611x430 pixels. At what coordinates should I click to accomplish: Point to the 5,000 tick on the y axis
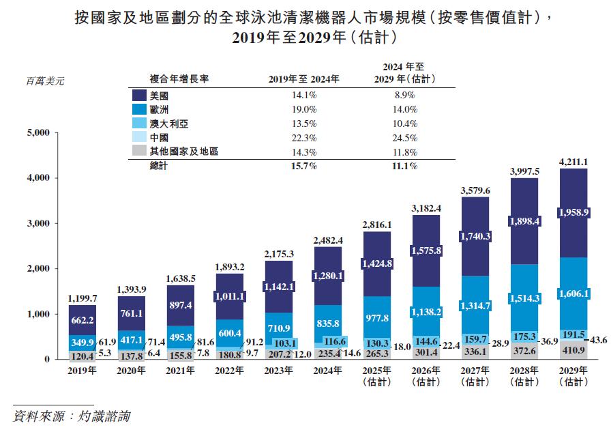tap(38, 132)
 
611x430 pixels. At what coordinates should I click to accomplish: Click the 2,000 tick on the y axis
tap(38, 269)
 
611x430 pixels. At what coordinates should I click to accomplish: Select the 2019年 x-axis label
tap(82, 371)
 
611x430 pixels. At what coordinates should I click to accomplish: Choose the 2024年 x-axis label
tap(327, 371)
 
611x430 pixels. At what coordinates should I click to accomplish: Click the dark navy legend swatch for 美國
tap(138, 96)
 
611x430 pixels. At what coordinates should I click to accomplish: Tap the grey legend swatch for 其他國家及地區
tap(138, 152)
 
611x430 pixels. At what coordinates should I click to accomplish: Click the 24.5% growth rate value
tap(404, 137)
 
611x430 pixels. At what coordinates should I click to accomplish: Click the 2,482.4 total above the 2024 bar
tap(327, 240)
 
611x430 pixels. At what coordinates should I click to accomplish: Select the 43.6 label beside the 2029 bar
tap(597, 339)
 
